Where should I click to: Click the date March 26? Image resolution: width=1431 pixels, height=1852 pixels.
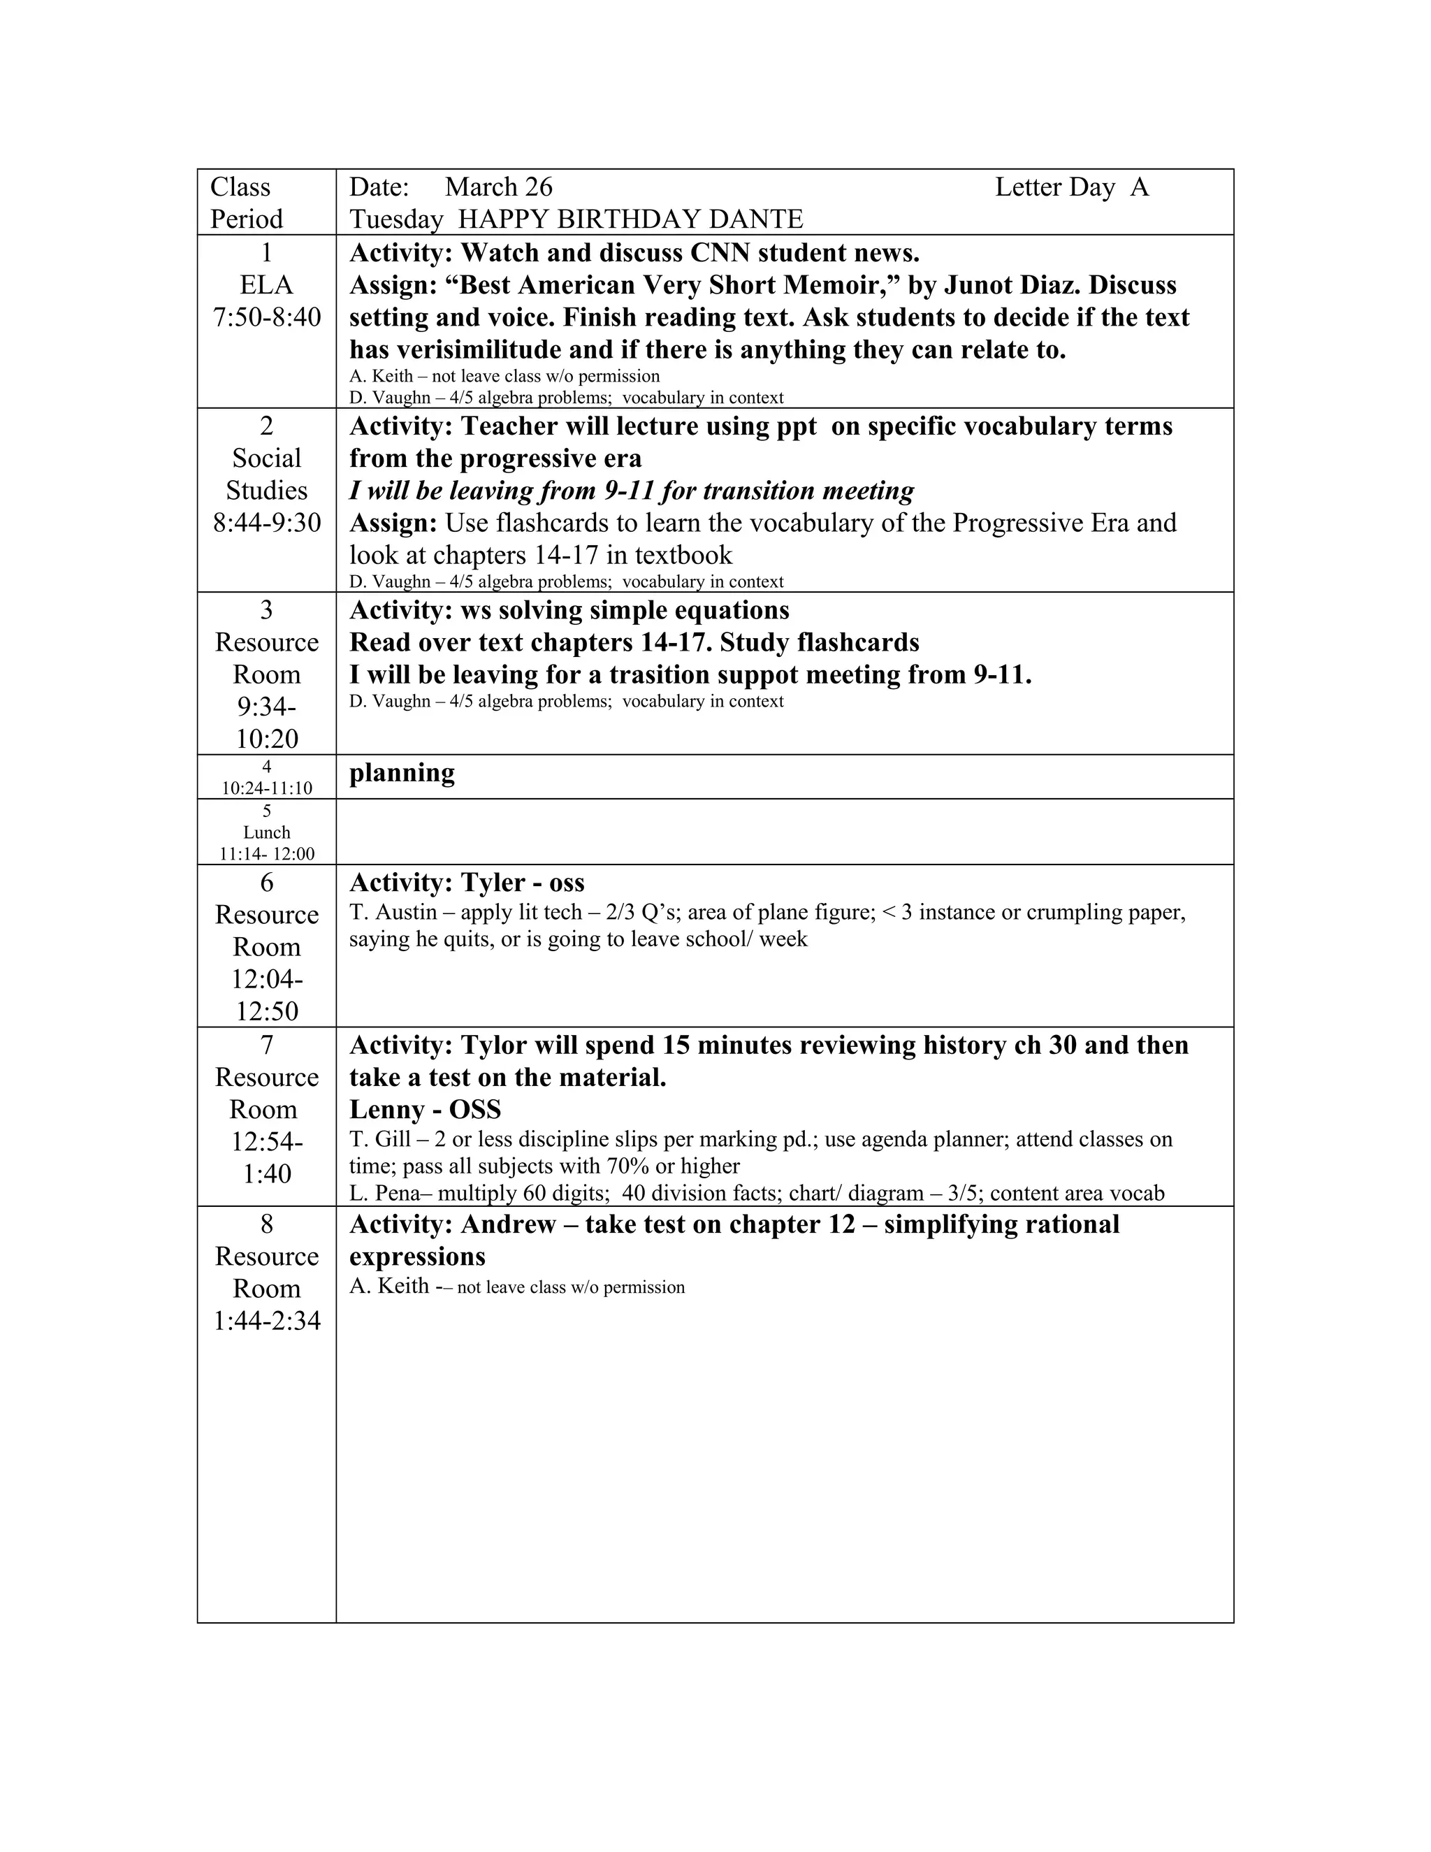(497, 187)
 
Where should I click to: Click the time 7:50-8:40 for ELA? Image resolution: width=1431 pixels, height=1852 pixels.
(266, 318)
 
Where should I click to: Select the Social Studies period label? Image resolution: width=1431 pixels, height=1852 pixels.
(266, 475)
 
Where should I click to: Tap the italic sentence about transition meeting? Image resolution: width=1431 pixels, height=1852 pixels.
(632, 491)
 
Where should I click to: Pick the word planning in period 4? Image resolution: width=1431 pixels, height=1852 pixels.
(402, 774)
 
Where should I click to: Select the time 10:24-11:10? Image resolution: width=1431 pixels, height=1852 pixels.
(266, 788)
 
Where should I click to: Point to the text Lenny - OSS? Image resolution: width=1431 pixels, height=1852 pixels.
(425, 1110)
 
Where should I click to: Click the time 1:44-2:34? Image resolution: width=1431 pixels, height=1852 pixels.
(266, 1321)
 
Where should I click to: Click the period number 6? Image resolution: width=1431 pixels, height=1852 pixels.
(266, 883)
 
